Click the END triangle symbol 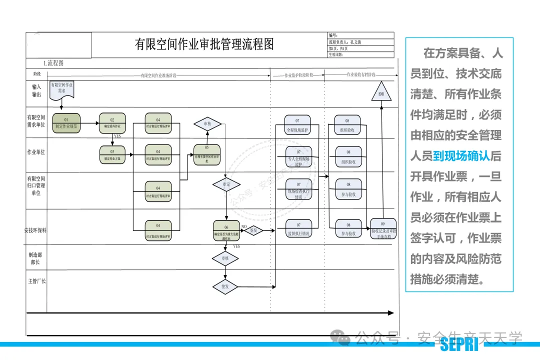tap(381, 92)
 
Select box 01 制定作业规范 tap(66, 123)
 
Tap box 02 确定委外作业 tap(112, 123)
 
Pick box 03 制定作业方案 tap(112, 154)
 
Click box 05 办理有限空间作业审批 tap(207, 154)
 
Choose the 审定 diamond tap(226, 184)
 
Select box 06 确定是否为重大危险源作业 tap(226, 230)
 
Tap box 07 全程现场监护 tap(297, 124)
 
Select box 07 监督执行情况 tap(298, 229)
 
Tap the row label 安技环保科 tap(35, 230)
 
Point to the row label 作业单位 tap(36, 152)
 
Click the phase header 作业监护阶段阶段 tap(298, 75)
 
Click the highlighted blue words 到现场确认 tap(461, 156)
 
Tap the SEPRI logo tap(459, 344)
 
